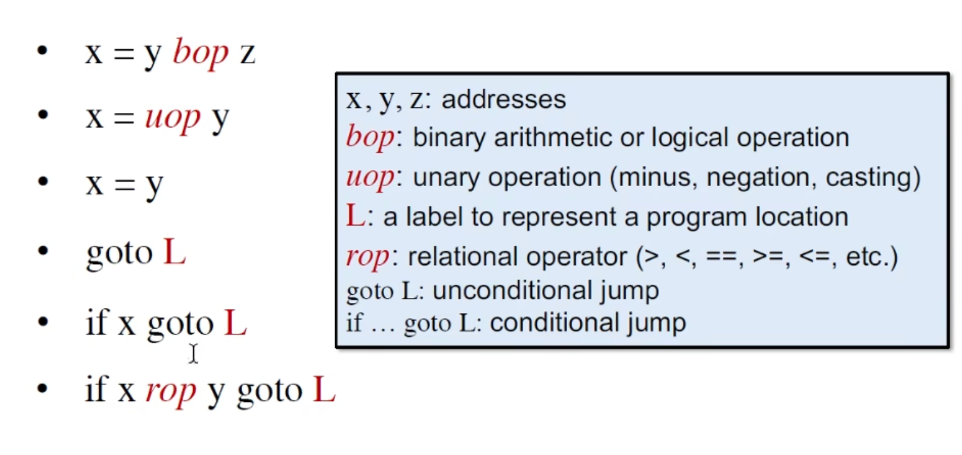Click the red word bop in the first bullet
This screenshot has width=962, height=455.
point(201,53)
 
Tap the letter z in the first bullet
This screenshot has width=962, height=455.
point(247,54)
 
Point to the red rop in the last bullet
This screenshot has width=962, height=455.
point(171,391)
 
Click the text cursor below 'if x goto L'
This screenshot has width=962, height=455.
point(193,353)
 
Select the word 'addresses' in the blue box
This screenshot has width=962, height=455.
point(504,99)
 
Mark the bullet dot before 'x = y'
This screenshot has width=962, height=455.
point(43,181)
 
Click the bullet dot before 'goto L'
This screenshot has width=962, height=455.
point(43,251)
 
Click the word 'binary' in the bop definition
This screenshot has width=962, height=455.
point(449,138)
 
